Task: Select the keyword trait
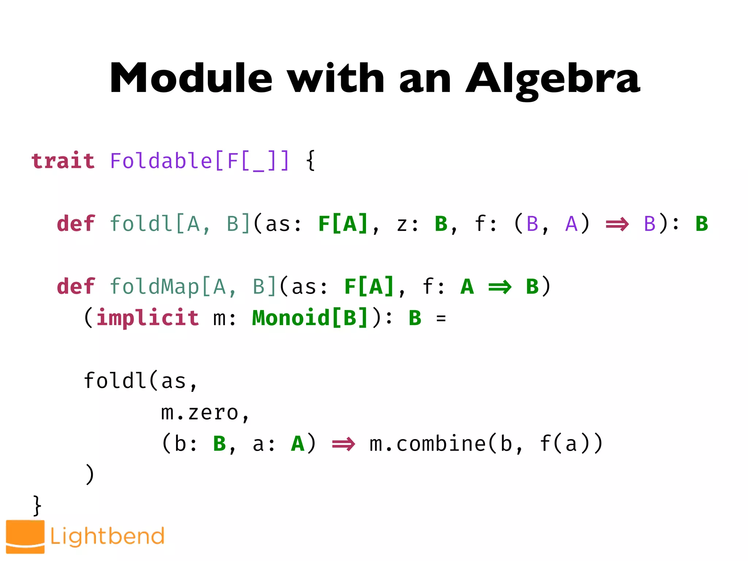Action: click(x=63, y=161)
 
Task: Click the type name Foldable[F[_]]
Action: click(x=199, y=161)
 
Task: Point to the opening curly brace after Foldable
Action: click(x=310, y=161)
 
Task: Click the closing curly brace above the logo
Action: click(x=37, y=505)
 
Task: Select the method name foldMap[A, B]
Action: click(x=192, y=286)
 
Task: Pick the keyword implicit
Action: click(x=148, y=318)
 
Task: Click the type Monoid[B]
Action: click(x=310, y=318)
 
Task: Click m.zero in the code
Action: click(x=200, y=413)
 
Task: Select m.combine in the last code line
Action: click(x=427, y=444)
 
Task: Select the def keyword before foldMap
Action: click(x=76, y=286)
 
